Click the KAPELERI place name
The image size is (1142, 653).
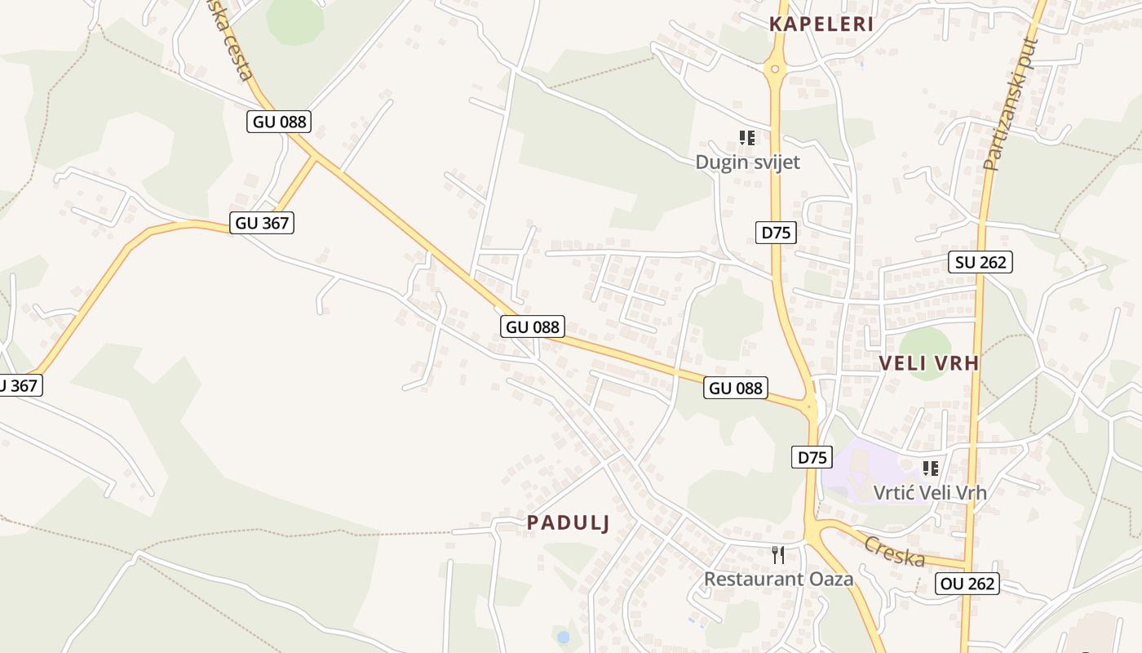pyautogui.click(x=821, y=24)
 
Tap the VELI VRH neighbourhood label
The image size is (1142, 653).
pyautogui.click(x=929, y=363)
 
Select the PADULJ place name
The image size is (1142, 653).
pyautogui.click(x=568, y=522)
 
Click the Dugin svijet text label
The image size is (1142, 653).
pyautogui.click(x=747, y=162)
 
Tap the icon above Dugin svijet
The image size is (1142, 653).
pyautogui.click(x=747, y=138)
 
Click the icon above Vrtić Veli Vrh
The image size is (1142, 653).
pyautogui.click(x=930, y=469)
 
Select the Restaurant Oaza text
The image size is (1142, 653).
pyautogui.click(x=778, y=579)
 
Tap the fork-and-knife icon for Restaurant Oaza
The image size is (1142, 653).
pyautogui.click(x=778, y=555)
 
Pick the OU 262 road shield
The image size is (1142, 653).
pyautogui.click(x=967, y=584)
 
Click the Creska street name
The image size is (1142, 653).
pyautogui.click(x=894, y=552)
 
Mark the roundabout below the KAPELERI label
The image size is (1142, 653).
pyautogui.click(x=775, y=69)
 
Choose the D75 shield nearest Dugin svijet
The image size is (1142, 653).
pyautogui.click(x=775, y=233)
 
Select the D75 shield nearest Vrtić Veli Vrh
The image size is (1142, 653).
pyautogui.click(x=812, y=457)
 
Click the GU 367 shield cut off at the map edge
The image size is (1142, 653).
pyautogui.click(x=19, y=385)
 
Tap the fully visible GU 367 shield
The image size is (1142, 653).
pyautogui.click(x=261, y=222)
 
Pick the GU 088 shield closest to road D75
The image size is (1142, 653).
pyautogui.click(x=736, y=388)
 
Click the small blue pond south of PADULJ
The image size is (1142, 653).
pyautogui.click(x=563, y=636)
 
